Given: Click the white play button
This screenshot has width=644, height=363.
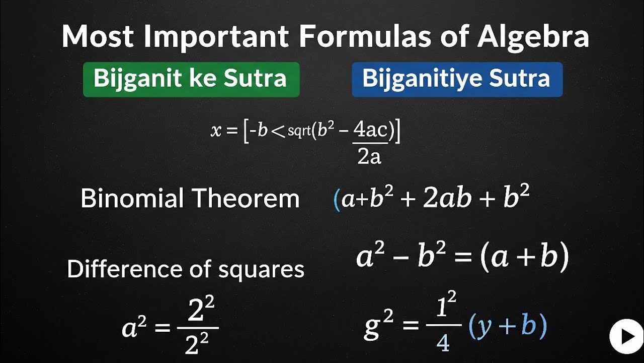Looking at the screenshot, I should point(626,336).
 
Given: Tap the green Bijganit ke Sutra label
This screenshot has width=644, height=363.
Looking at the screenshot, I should point(191,79).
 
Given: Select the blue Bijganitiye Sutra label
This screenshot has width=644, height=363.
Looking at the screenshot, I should point(457,79).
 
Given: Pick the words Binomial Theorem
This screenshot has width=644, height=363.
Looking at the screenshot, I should point(190,198).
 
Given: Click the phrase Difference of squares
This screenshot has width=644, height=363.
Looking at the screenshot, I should point(185,269).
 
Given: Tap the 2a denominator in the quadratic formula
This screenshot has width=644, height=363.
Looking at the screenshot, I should point(369,157).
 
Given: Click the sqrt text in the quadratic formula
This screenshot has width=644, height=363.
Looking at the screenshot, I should point(300,132).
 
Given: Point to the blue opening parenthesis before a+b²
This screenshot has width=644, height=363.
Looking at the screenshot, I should point(337,200).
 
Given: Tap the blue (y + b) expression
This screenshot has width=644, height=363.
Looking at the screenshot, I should point(507,327).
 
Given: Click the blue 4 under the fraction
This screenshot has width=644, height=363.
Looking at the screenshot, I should point(443,343).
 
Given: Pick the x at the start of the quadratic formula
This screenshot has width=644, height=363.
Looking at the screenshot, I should point(216,131).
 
